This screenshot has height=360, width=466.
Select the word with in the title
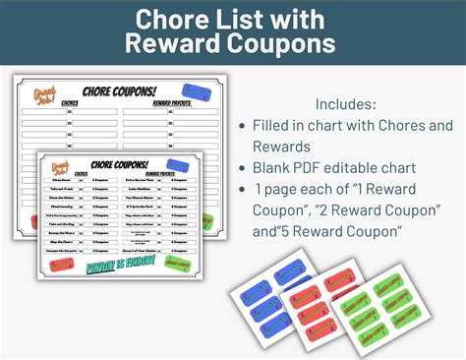click(294, 19)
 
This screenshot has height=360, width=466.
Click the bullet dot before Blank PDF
click(243, 169)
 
